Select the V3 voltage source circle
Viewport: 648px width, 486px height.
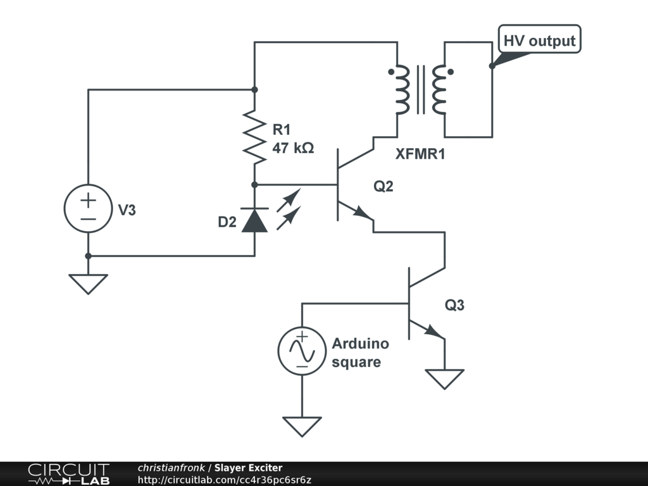click(x=88, y=208)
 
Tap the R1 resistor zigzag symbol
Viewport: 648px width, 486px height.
click(x=254, y=137)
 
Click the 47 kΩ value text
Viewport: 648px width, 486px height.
click(x=293, y=147)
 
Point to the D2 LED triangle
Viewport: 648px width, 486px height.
click(x=254, y=220)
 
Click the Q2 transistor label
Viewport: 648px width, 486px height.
click(x=383, y=187)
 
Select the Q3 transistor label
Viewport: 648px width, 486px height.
click(x=454, y=305)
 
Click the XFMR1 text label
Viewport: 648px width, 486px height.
click(x=420, y=154)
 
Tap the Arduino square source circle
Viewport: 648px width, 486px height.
click(x=302, y=351)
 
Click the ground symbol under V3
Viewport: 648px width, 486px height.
click(x=88, y=284)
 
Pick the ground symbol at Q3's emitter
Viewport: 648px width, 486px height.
click(x=445, y=379)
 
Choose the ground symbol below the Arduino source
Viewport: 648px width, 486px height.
click(x=302, y=427)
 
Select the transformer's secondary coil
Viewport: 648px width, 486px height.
click(x=439, y=90)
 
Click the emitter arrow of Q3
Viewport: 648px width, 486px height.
click(x=434, y=332)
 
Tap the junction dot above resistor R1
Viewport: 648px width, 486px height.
click(x=254, y=90)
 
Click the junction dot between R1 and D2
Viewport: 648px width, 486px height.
click(x=254, y=185)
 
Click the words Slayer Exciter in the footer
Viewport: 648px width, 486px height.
click(x=248, y=468)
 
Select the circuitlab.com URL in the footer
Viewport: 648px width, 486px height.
click(x=225, y=480)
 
